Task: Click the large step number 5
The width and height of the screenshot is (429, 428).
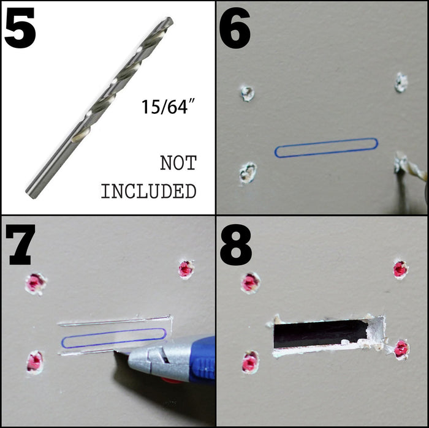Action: [20, 28]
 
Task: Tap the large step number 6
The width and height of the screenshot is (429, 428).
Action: [235, 28]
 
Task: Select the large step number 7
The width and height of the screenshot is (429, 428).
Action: [20, 244]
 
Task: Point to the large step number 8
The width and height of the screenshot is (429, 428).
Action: [235, 244]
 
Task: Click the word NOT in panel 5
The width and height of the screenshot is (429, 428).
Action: [178, 163]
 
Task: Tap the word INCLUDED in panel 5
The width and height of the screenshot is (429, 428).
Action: [148, 191]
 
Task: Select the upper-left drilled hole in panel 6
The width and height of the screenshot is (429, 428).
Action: [248, 94]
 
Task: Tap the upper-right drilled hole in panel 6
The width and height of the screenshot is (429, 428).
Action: [401, 82]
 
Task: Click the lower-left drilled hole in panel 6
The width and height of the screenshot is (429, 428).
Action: [248, 173]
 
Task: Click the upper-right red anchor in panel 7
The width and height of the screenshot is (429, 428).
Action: [186, 269]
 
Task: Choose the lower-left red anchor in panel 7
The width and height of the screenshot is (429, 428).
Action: [35, 362]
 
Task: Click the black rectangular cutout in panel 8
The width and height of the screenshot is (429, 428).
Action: [320, 334]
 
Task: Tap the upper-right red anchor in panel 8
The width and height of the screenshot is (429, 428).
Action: [401, 269]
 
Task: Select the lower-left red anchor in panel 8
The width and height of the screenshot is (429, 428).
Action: [250, 362]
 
